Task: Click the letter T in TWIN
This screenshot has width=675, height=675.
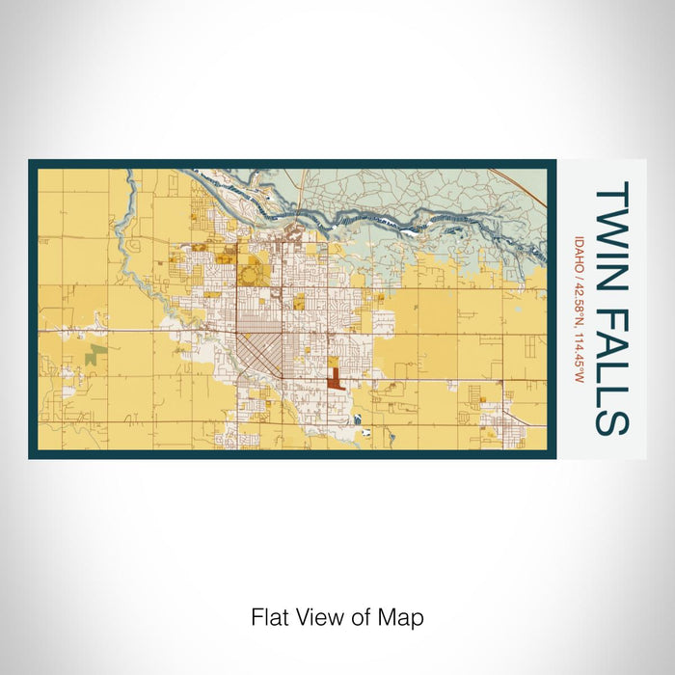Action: click(x=612, y=194)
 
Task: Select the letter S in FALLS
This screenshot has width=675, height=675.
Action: click(x=612, y=420)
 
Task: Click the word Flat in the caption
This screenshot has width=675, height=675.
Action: click(x=270, y=617)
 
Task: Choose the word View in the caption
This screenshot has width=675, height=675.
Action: click(x=319, y=617)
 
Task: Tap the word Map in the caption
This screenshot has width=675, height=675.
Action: click(x=405, y=617)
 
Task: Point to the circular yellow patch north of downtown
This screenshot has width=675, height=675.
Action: click(x=252, y=276)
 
